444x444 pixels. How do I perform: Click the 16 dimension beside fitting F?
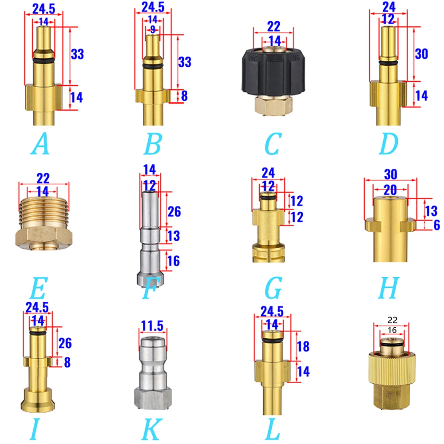tap(173, 261)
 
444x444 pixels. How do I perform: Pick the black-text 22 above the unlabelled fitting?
tap(392, 320)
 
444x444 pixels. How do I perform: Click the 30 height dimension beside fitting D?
tap(421, 54)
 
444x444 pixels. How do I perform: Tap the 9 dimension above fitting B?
tap(153, 30)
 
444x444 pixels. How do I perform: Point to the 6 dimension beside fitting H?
tap(436, 225)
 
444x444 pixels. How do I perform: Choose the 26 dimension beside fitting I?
tap(65, 343)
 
